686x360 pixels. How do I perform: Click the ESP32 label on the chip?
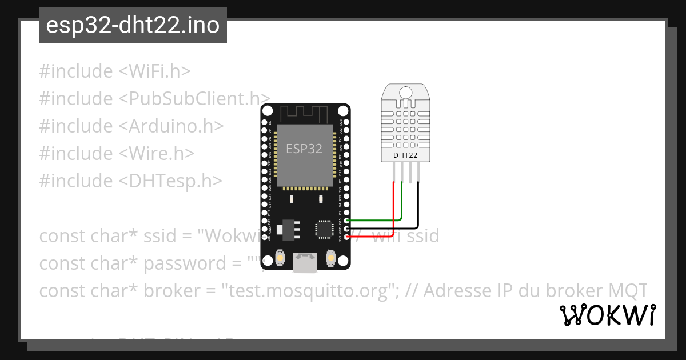(x=304, y=149)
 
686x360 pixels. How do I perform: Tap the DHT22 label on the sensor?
(x=405, y=155)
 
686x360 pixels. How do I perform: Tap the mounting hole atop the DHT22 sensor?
(x=405, y=92)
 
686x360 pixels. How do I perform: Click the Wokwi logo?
(x=607, y=315)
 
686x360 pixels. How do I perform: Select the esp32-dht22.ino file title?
(x=133, y=25)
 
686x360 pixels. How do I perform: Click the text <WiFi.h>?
(x=154, y=71)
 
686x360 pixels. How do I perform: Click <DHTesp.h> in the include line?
(x=170, y=181)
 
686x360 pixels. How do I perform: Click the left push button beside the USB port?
(x=280, y=259)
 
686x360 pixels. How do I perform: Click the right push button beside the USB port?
(x=330, y=259)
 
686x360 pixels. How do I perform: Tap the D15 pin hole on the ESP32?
(x=346, y=221)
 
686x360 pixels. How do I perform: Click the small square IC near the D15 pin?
(x=323, y=229)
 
